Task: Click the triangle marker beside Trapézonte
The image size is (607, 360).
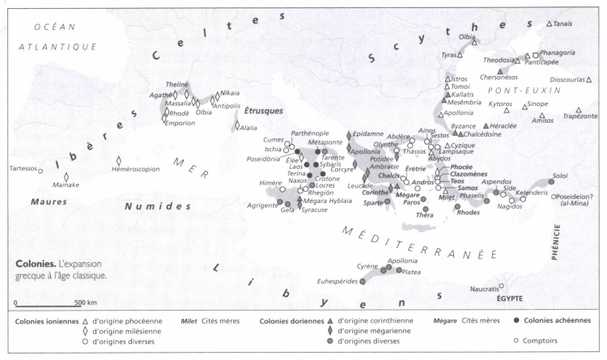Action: [x=579, y=110]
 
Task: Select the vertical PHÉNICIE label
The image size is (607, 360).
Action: [x=557, y=262]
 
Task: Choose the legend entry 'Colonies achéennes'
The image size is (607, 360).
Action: [x=564, y=320]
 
